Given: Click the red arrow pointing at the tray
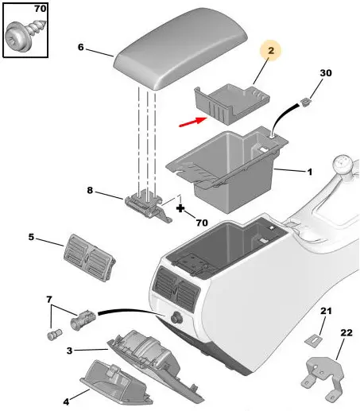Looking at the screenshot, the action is pyautogui.click(x=192, y=122).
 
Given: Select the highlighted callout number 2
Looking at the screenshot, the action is pyautogui.click(x=271, y=50).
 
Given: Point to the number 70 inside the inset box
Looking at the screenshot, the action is pyautogui.click(x=40, y=9).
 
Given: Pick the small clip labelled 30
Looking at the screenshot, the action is pyautogui.click(x=305, y=102).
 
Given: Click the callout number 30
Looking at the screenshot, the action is pyautogui.click(x=326, y=73).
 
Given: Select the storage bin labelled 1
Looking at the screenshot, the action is pyautogui.click(x=227, y=169).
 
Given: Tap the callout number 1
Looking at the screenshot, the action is pyautogui.click(x=310, y=173).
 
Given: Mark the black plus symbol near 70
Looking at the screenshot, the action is pyautogui.click(x=180, y=208).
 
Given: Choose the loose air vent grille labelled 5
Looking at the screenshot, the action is pyautogui.click(x=90, y=258).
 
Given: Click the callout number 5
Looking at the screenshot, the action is pyautogui.click(x=31, y=237).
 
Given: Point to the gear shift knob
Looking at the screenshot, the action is pyautogui.click(x=343, y=165).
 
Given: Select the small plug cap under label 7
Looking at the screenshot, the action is pyautogui.click(x=54, y=335).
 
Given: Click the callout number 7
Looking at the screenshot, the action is pyautogui.click(x=49, y=300).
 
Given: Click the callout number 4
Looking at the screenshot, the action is pyautogui.click(x=66, y=402).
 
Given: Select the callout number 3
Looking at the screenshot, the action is pyautogui.click(x=69, y=351).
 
